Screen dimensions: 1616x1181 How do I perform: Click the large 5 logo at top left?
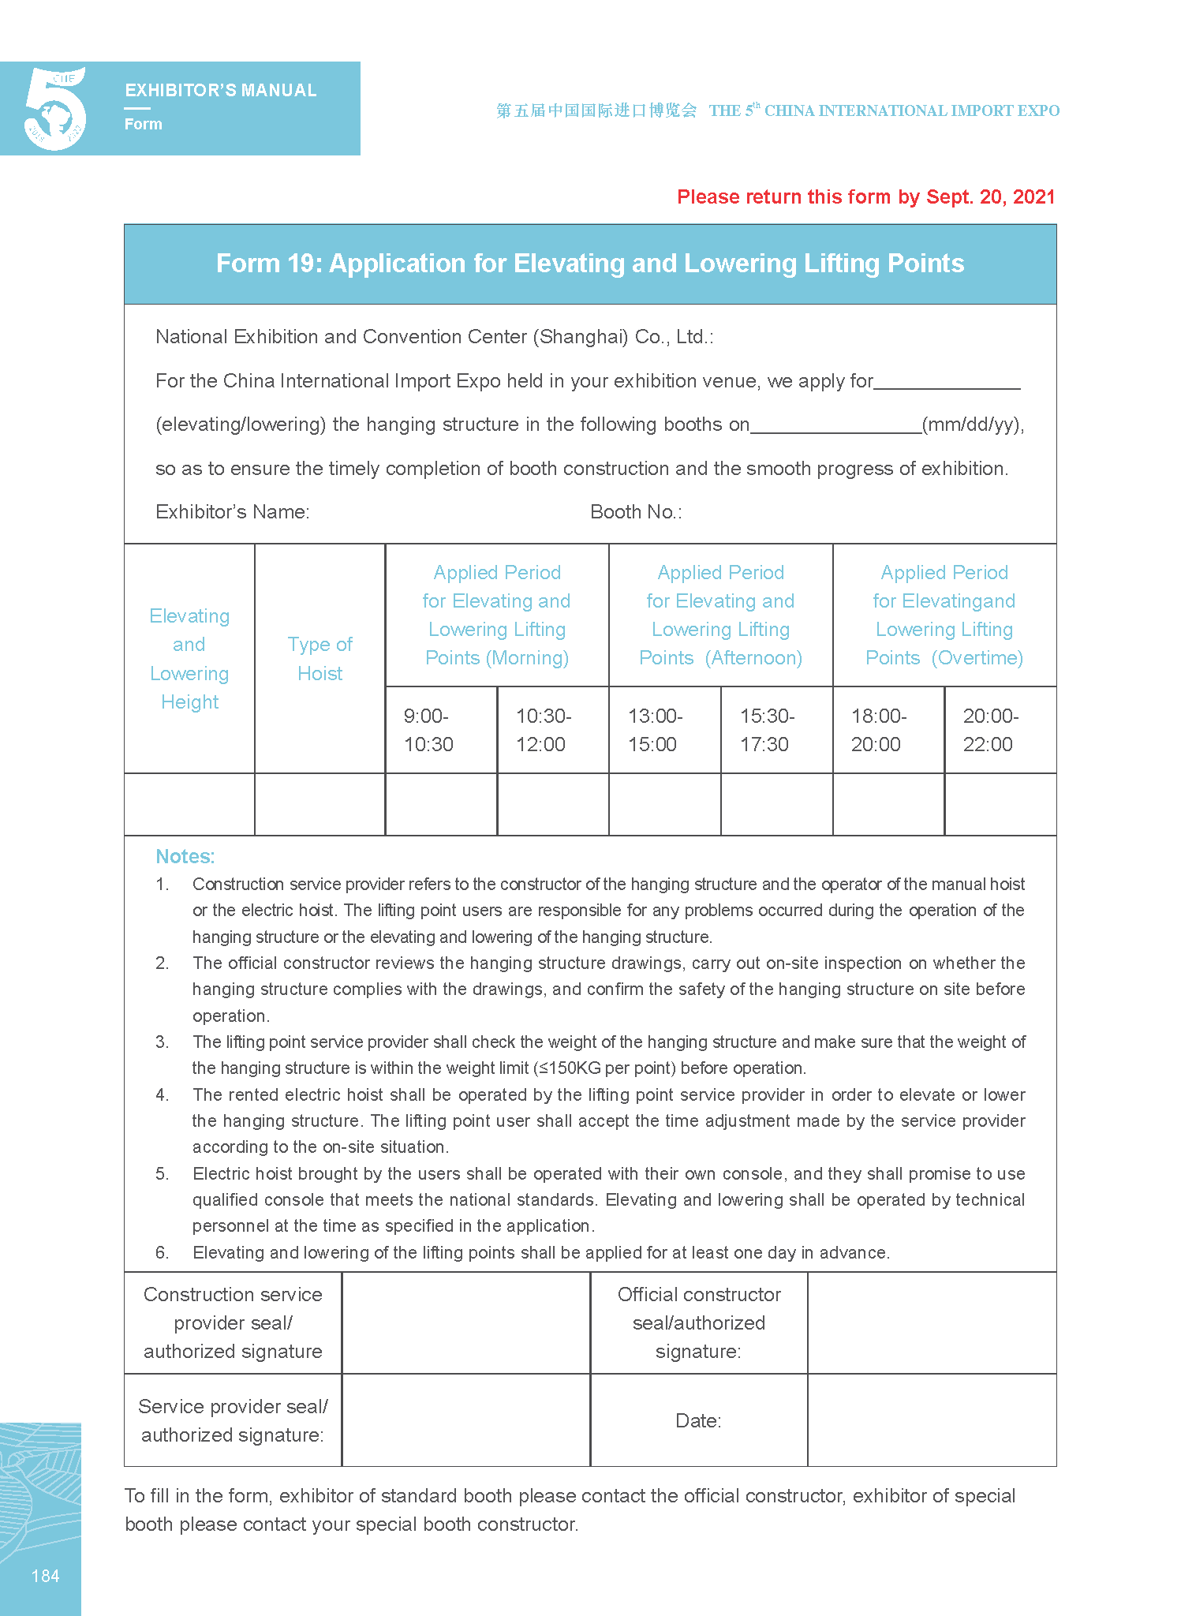pyautogui.click(x=55, y=109)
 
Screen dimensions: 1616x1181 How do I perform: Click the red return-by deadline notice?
pyautogui.click(x=865, y=197)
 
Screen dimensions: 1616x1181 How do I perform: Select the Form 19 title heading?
pyautogui.click(x=589, y=264)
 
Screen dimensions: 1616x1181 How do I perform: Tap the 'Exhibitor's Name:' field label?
pyautogui.click(x=232, y=512)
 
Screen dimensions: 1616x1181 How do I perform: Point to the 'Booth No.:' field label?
pyautogui.click(x=636, y=512)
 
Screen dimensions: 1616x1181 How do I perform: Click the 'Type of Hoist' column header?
pyautogui.click(x=320, y=659)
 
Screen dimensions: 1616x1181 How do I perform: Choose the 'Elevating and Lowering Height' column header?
pyautogui.click(x=189, y=659)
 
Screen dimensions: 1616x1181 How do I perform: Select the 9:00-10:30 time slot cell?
pyautogui.click(x=440, y=730)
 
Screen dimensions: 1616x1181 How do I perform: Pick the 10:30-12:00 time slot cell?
pyautogui.click(x=552, y=730)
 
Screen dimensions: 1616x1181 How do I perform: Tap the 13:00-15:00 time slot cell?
pyautogui.click(x=664, y=730)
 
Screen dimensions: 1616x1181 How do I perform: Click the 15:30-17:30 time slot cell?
pyautogui.click(x=776, y=730)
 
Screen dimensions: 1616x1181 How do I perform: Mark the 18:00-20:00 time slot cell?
pyautogui.click(x=888, y=730)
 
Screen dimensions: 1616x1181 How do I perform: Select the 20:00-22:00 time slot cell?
pyautogui.click(x=1000, y=730)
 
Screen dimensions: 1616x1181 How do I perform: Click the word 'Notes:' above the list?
pyautogui.click(x=185, y=857)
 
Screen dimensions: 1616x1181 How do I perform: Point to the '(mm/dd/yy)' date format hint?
pyautogui.click(x=973, y=425)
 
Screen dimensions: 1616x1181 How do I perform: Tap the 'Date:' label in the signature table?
pyautogui.click(x=698, y=1421)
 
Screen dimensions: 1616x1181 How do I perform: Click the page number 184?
pyautogui.click(x=45, y=1577)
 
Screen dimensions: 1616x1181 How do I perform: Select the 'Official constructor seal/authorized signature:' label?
pyautogui.click(x=698, y=1323)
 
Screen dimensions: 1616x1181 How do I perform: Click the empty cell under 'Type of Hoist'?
pyautogui.click(x=320, y=804)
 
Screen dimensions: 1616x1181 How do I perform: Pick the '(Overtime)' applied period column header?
pyautogui.click(x=944, y=615)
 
